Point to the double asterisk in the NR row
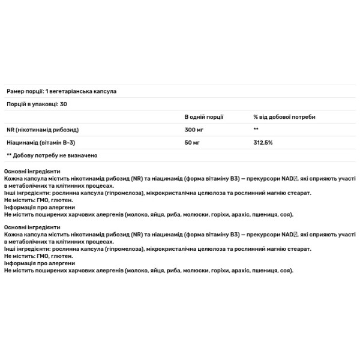point(256,130)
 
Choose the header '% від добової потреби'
point(284,117)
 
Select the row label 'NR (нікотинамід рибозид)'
point(42,130)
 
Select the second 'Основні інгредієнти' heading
point(32,228)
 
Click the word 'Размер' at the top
point(16,91)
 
